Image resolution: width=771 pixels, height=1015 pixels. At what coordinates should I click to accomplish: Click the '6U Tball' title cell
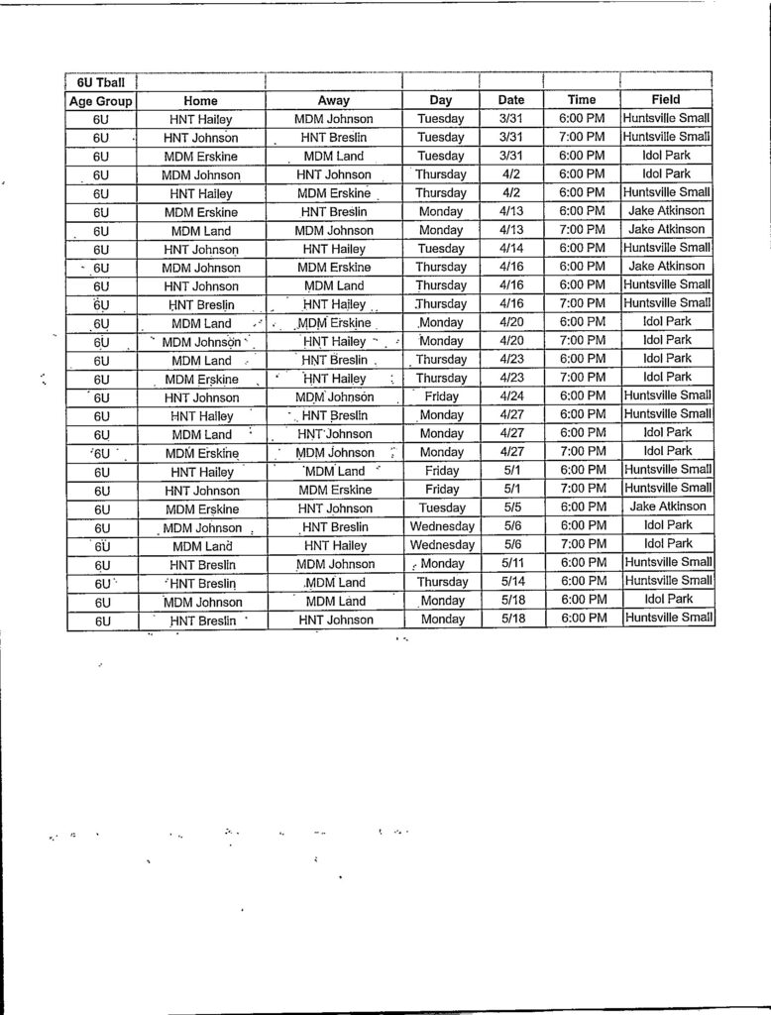100,81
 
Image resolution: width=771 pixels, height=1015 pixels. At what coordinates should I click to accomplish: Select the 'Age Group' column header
100,100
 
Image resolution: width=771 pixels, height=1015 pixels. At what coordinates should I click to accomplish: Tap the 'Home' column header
200,100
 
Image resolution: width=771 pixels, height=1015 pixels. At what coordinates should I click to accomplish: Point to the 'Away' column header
333,100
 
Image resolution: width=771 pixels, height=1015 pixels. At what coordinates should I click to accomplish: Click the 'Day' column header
441,100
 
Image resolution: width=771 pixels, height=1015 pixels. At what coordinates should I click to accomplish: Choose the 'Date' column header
511,100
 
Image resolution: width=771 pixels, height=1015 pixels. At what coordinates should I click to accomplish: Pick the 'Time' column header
582,100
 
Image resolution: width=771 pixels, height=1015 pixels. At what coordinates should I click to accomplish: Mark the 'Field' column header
666,100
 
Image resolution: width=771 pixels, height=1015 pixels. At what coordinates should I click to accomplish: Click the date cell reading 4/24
511,396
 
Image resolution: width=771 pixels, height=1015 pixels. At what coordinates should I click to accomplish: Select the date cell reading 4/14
511,248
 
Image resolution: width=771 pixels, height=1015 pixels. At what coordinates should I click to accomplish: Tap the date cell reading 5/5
511,507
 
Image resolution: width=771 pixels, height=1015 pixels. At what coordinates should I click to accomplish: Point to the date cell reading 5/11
511,563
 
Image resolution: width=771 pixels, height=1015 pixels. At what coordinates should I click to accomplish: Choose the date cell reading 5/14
511,582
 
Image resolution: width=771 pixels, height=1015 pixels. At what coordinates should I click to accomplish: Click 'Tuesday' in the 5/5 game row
441,507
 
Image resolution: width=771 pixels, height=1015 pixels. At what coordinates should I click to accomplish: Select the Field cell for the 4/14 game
666,248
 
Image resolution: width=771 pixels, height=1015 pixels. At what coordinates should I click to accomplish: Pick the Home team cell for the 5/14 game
200,583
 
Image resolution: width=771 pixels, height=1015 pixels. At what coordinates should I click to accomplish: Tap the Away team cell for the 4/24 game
333,396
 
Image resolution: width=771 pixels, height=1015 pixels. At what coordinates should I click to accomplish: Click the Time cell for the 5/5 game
582,507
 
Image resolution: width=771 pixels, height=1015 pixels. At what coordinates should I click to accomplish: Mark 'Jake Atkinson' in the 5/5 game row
666,507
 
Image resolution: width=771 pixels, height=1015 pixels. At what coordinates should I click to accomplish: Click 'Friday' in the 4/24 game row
441,396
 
